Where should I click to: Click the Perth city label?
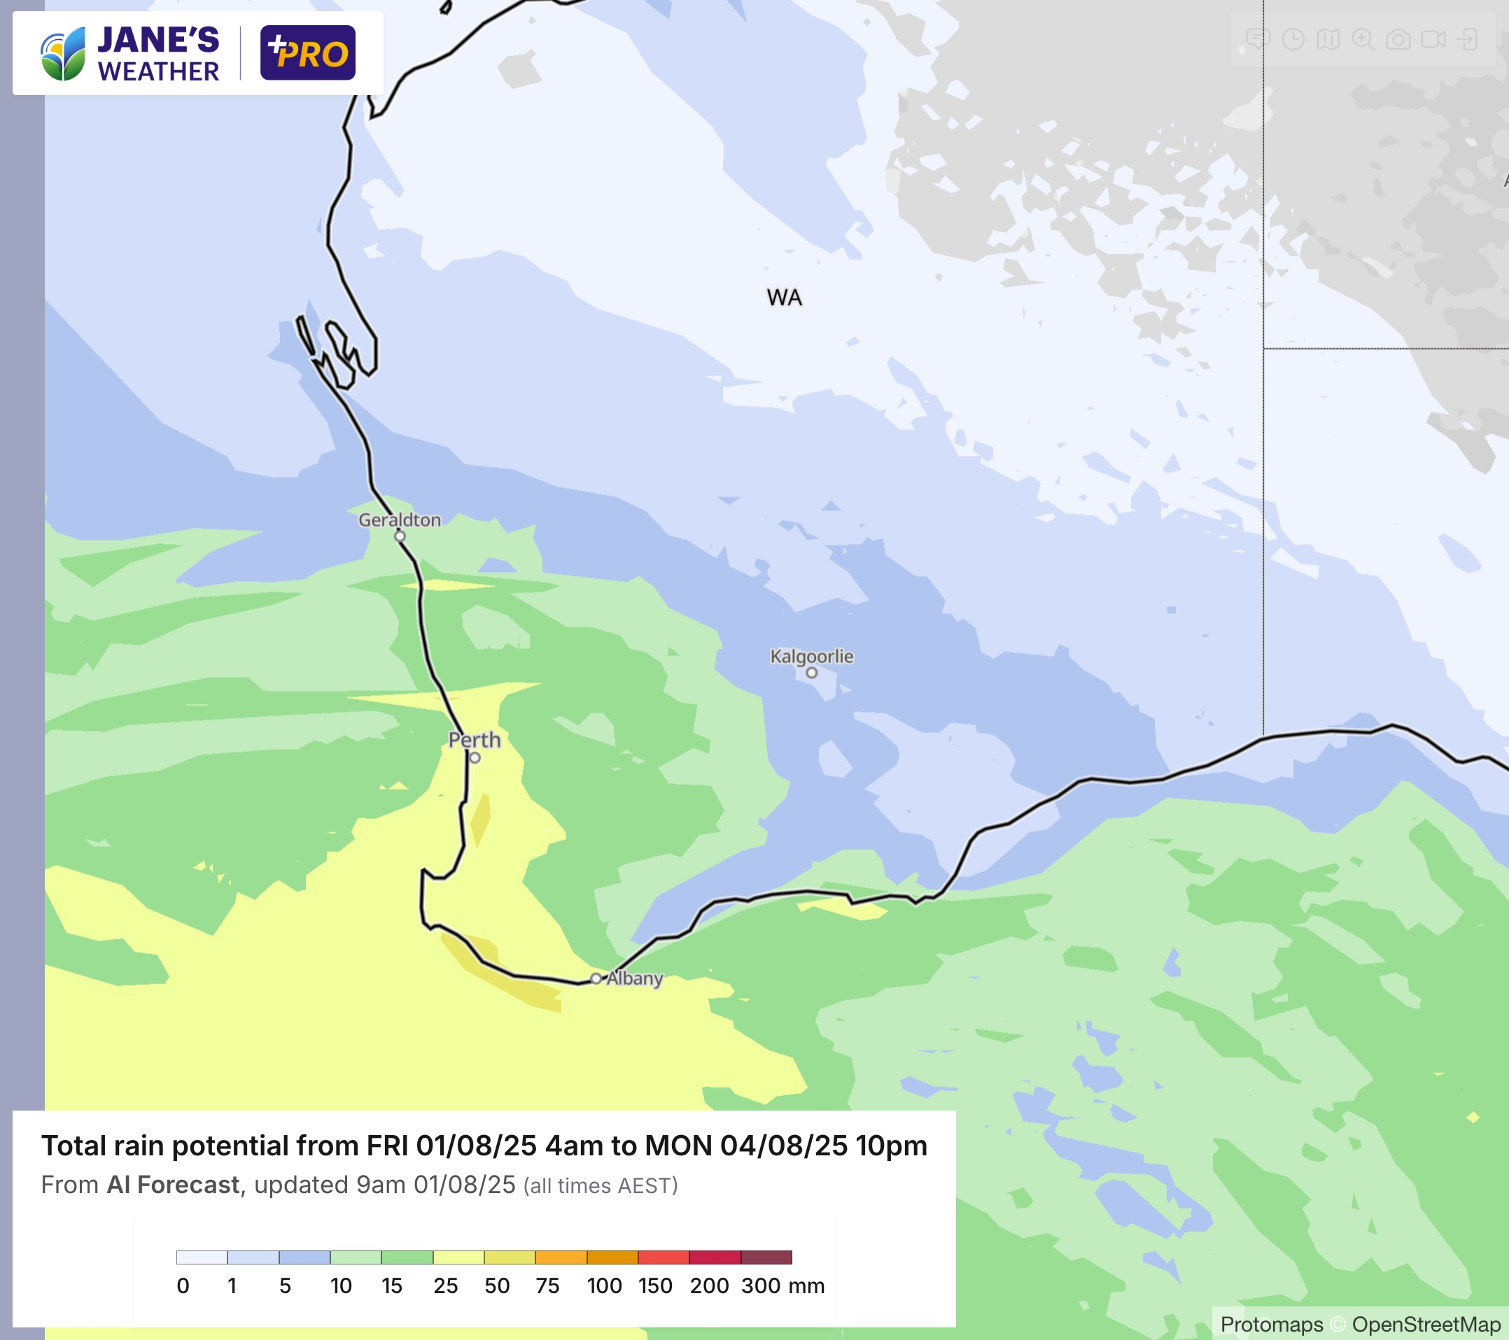coord(474,739)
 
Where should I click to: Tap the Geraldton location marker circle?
coord(400,536)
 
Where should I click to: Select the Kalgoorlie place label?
coord(811,656)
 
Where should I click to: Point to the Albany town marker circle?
coord(596,978)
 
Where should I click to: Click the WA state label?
coord(784,297)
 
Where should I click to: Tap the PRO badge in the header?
coord(308,53)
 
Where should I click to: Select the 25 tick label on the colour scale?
coord(445,1286)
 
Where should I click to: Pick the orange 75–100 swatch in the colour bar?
coord(561,1257)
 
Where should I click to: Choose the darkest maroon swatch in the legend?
coord(766,1257)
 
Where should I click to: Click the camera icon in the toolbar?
coord(1398,39)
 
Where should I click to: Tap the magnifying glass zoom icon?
coord(1363,39)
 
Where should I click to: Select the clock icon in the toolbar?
coord(1293,39)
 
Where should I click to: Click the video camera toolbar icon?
coord(1433,39)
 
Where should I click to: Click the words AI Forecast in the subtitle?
coord(173,1185)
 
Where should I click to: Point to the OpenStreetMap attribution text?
coord(1426,1325)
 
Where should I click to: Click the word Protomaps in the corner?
coord(1271,1325)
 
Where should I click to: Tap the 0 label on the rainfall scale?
coord(183,1286)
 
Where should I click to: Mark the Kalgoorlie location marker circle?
coord(811,672)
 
